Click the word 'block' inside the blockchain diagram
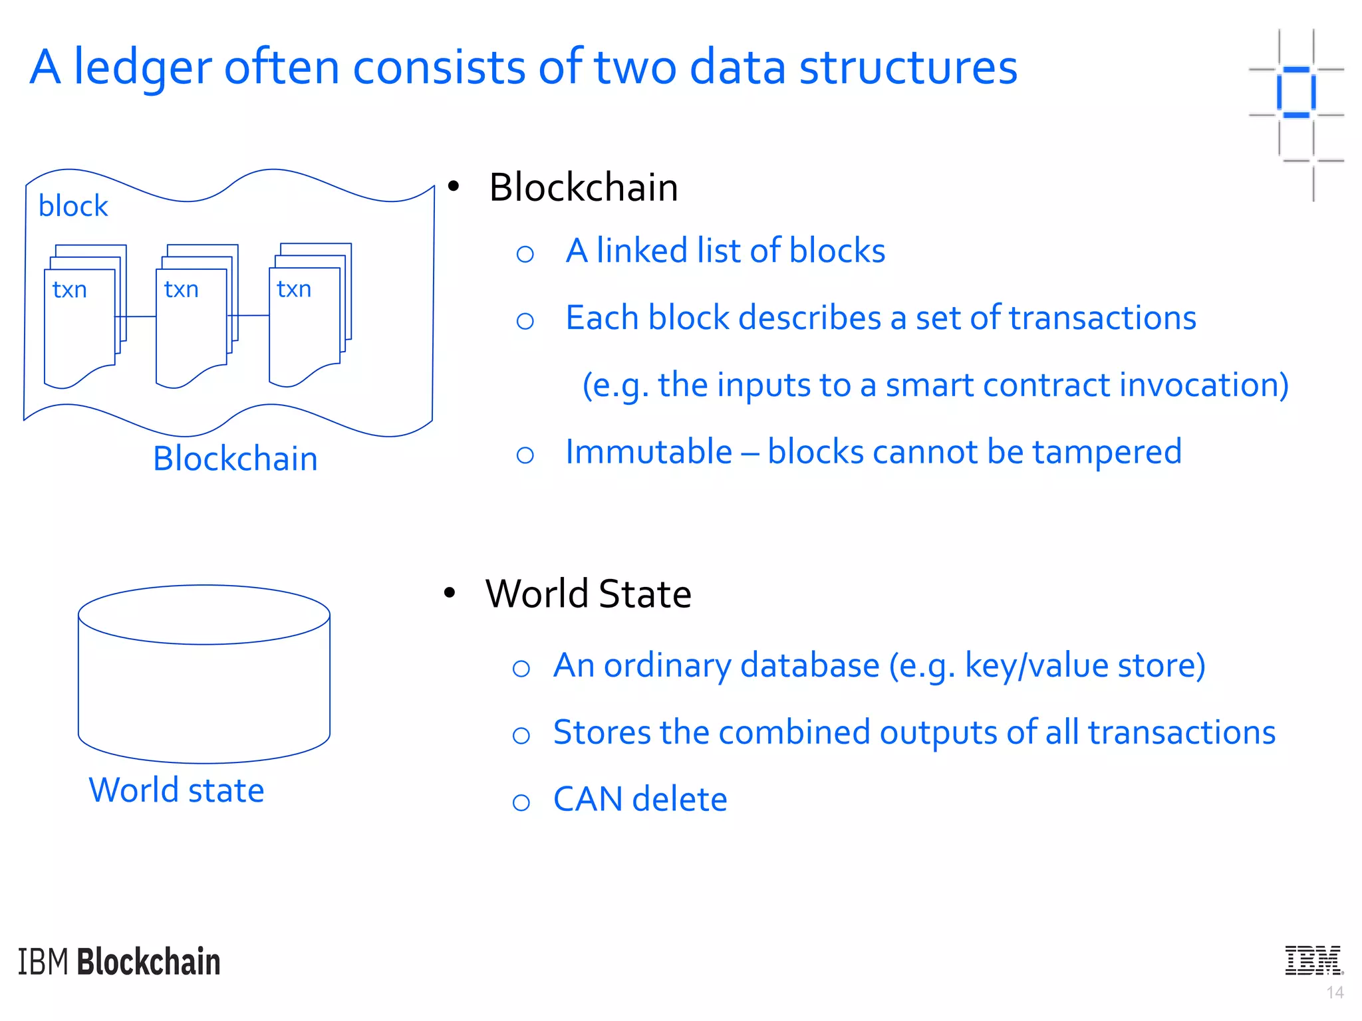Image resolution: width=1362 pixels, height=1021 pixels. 73,207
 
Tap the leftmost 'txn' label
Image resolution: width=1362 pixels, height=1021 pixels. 70,290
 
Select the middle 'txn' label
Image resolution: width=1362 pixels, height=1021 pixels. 182,290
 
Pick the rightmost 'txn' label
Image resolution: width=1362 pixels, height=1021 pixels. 294,290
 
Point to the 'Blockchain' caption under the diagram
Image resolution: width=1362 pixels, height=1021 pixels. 235,459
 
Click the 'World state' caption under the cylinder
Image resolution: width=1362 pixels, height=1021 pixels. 177,790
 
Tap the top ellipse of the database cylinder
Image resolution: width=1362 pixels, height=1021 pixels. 204,614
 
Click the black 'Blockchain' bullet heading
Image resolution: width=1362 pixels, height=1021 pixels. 583,187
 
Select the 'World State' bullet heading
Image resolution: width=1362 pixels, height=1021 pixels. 589,594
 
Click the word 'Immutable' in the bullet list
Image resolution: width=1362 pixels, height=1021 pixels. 649,452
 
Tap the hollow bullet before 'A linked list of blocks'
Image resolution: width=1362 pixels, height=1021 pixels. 525,253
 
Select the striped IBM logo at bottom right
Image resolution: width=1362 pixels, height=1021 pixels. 1313,961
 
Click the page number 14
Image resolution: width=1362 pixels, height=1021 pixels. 1335,993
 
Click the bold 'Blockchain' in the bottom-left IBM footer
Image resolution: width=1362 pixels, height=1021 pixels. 149,962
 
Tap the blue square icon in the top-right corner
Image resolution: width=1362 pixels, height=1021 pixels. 1296,92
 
